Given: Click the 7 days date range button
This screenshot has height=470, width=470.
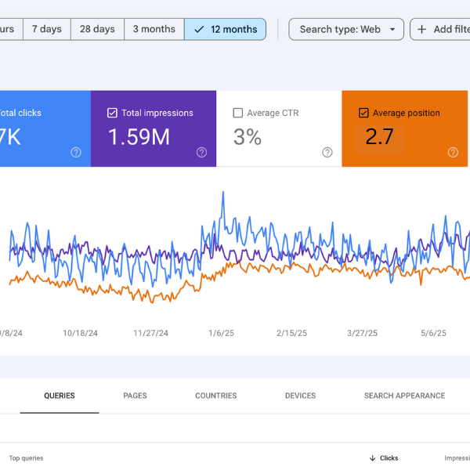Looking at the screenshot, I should [46, 29].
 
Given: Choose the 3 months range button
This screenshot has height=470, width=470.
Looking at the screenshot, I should [154, 29].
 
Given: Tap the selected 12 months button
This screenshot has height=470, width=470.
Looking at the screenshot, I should [225, 29].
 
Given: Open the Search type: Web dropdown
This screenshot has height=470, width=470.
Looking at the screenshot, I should [346, 29].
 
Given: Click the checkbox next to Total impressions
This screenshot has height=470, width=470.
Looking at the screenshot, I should [113, 113].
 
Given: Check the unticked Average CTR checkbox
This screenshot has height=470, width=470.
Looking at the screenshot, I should [238, 113].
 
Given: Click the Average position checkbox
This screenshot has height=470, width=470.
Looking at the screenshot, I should [363, 113].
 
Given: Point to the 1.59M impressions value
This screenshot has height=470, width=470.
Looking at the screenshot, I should [139, 137].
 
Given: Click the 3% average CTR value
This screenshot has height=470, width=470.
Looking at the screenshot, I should [248, 137].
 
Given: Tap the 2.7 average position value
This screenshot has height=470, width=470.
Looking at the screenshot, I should [379, 137].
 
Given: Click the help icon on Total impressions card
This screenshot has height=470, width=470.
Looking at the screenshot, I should [201, 153].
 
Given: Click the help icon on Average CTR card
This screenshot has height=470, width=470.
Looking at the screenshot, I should [327, 153].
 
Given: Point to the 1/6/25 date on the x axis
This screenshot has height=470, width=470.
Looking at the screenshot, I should [221, 333].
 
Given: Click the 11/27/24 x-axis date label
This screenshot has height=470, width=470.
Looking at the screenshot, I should [150, 333].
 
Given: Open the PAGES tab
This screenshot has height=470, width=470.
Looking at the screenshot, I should [135, 396].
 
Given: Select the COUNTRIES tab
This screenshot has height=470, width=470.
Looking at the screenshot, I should [215, 396].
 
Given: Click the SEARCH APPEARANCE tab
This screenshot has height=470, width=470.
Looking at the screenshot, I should [404, 396].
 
